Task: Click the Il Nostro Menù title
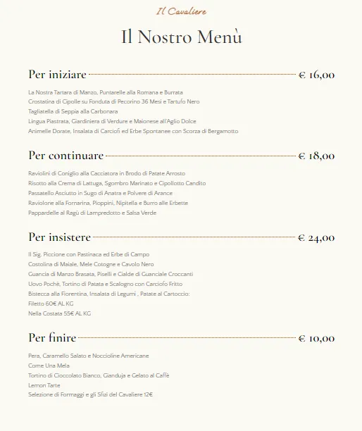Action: pos(181,37)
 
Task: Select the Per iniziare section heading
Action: pos(57,74)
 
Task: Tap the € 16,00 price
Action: pos(316,75)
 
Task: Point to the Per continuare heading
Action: pos(65,155)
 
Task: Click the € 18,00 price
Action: pos(316,156)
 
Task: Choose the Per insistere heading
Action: pos(63,237)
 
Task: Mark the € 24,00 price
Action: pos(316,237)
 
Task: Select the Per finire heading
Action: pos(52,338)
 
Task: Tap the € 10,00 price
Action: pos(316,339)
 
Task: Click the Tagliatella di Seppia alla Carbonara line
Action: pos(73,111)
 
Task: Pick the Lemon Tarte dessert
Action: pos(44,385)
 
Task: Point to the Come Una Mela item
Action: pos(50,366)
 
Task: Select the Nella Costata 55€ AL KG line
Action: pos(59,313)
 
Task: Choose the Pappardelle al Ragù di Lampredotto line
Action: pos(92,212)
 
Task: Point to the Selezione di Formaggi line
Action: pos(90,395)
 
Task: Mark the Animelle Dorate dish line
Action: pos(133,131)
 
